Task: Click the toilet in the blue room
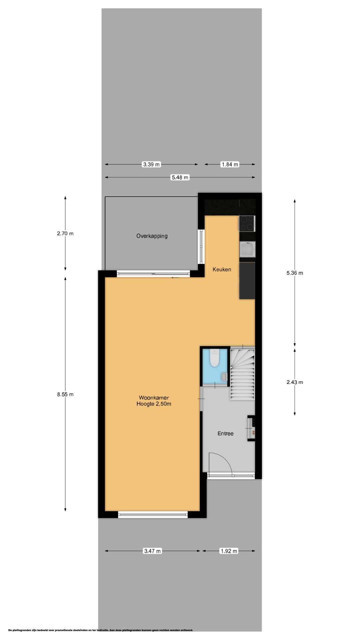pyautogui.click(x=215, y=358)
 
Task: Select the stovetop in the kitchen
pyautogui.click(x=247, y=223)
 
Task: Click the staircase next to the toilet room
pyautogui.click(x=242, y=374)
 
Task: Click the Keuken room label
pyautogui.click(x=222, y=269)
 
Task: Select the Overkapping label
pyautogui.click(x=152, y=236)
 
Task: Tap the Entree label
pyautogui.click(x=225, y=433)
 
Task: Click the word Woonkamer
pyautogui.click(x=154, y=398)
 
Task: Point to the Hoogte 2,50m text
pyautogui.click(x=154, y=404)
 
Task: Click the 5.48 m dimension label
pyautogui.click(x=180, y=178)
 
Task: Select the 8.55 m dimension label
pyautogui.click(x=65, y=394)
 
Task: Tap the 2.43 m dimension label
pyautogui.click(x=295, y=382)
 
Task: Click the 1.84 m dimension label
pyautogui.click(x=230, y=164)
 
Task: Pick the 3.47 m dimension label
pyautogui.click(x=152, y=551)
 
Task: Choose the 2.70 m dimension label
pyautogui.click(x=65, y=234)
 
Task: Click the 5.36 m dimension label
pyautogui.click(x=295, y=273)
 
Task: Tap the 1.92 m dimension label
pyautogui.click(x=229, y=551)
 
